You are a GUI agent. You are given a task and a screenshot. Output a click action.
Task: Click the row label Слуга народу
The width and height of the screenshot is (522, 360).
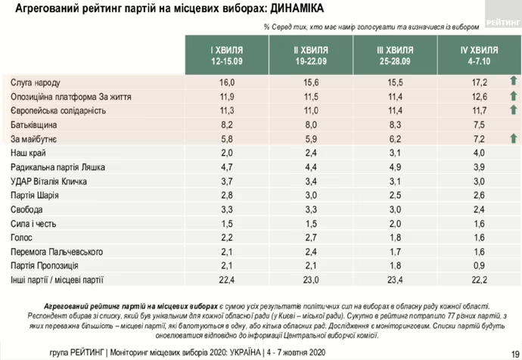tap(36, 82)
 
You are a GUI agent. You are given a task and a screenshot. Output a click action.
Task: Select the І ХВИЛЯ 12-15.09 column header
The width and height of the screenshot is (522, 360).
tap(227, 54)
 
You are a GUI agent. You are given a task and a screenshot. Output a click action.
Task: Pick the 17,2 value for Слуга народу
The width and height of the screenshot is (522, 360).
tap(480, 82)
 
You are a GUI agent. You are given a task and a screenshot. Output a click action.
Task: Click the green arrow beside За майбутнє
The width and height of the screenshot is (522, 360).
tap(511, 138)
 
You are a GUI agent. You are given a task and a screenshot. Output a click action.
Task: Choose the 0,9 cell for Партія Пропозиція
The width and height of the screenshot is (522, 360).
tap(480, 265)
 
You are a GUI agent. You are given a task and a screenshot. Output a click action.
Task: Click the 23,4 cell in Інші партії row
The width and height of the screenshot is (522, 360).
tap(396, 280)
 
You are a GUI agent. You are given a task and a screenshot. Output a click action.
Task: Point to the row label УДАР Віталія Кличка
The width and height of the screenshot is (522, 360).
tap(49, 181)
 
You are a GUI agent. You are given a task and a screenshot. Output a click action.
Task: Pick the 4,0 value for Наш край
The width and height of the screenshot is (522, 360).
tap(480, 153)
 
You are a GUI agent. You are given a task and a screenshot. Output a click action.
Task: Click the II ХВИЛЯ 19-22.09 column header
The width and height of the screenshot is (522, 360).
tap(312, 54)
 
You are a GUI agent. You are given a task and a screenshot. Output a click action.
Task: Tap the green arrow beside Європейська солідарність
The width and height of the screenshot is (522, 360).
tap(511, 110)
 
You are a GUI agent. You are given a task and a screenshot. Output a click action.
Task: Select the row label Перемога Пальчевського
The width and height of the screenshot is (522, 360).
tap(56, 251)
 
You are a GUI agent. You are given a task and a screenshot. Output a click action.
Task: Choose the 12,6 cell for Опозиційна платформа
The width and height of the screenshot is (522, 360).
tap(480, 96)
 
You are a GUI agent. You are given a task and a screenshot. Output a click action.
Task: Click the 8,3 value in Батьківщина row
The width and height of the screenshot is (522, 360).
tap(396, 124)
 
